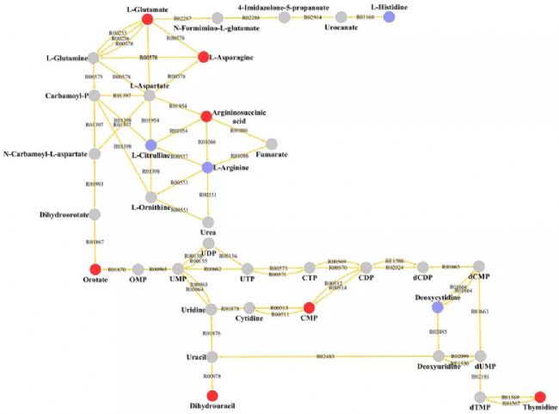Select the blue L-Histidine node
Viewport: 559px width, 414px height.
coord(389,17)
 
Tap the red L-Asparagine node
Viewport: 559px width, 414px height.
coord(205,59)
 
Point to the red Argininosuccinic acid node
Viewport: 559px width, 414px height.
coord(206,115)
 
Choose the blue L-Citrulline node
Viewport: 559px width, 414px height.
coord(150,144)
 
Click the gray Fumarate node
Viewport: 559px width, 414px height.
coord(273,143)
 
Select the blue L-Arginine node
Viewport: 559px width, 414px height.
coord(206,168)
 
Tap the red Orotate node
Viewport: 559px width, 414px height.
coord(95,269)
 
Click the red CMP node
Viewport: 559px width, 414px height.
coord(309,307)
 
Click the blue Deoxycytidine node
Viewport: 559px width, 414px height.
coord(438,307)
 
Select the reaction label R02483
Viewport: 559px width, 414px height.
coord(326,356)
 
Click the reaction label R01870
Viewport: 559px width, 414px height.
coord(117,270)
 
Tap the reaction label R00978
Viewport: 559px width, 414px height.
coord(212,376)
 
